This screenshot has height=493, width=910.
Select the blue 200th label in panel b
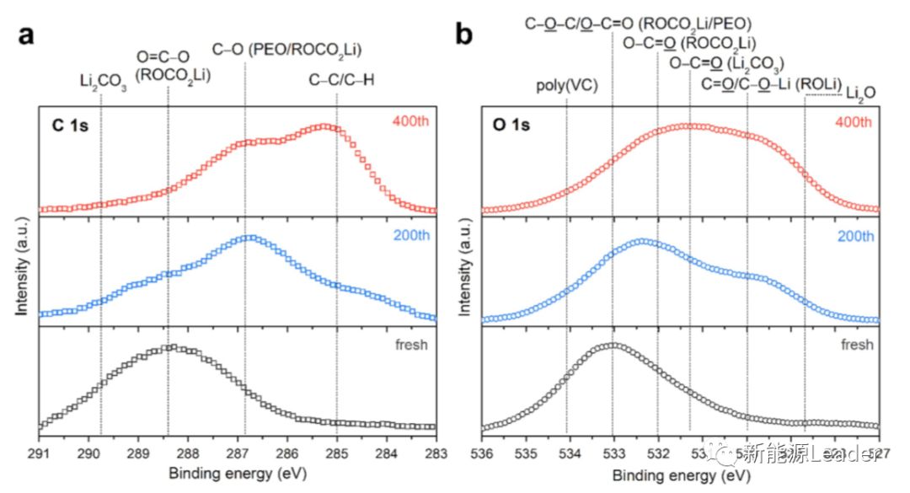click(855, 236)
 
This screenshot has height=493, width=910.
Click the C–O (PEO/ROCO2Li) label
click(286, 51)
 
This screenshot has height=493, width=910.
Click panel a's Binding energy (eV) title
click(238, 474)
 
